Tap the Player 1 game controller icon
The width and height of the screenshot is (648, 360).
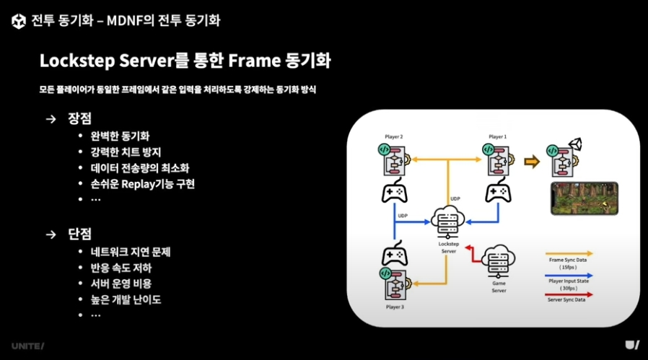click(498, 193)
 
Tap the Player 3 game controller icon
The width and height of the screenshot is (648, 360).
click(394, 256)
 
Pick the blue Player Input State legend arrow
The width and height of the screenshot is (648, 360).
click(570, 275)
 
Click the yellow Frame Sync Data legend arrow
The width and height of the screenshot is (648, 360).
click(570, 254)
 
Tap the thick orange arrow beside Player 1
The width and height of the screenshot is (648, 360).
click(532, 162)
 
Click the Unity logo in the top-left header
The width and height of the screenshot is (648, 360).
click(19, 21)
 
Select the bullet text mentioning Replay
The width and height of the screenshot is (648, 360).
click(142, 183)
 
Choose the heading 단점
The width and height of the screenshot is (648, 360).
click(79, 234)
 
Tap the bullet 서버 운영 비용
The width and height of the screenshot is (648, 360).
click(121, 284)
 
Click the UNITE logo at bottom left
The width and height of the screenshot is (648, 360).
click(27, 346)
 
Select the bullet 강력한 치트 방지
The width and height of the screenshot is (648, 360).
click(126, 152)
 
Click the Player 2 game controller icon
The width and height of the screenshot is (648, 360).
click(394, 193)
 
